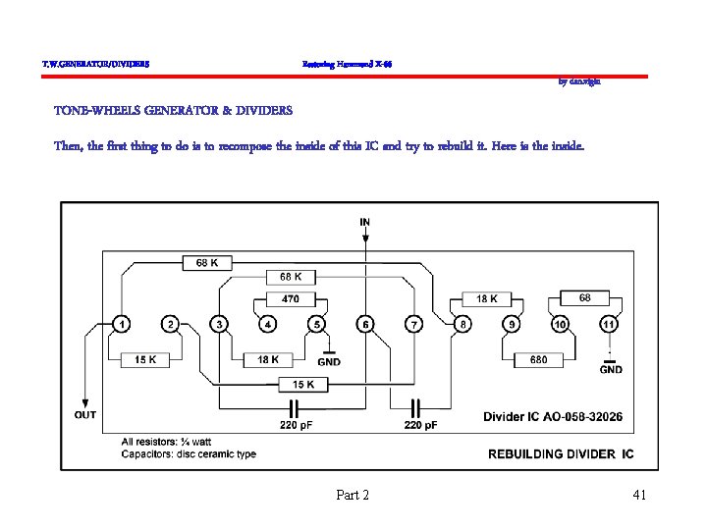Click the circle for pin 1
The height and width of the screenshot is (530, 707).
point(121,324)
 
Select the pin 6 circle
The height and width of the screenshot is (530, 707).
point(365,324)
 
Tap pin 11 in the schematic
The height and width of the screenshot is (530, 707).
point(610,324)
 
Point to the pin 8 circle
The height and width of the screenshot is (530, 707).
point(463,324)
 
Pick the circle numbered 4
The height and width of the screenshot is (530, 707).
point(268,324)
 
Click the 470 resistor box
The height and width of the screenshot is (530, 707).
point(291,298)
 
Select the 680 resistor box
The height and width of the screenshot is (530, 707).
point(538,360)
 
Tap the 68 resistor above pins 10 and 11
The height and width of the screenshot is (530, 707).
point(585,297)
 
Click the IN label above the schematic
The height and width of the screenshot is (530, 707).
point(365,223)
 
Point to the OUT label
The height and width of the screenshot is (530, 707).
point(85,414)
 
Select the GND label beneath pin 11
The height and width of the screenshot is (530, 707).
point(611,370)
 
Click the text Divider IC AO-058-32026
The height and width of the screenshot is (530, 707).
point(552,417)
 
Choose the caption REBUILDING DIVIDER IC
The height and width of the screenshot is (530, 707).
point(561,453)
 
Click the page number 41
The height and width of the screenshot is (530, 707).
point(638,495)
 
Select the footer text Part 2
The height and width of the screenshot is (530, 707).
point(353,495)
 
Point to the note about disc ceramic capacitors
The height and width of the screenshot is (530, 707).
point(189,453)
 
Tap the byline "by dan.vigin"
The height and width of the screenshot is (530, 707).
point(579,82)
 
